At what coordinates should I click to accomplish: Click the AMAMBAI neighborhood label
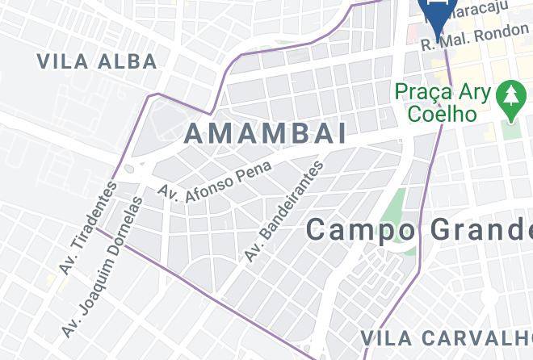click(266, 133)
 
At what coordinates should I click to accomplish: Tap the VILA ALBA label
click(97, 61)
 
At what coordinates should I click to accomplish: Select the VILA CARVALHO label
click(446, 338)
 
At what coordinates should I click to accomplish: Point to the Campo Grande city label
click(419, 230)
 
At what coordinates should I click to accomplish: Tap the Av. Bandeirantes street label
click(283, 211)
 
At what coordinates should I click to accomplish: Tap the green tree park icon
click(510, 96)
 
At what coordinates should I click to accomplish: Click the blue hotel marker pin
click(437, 11)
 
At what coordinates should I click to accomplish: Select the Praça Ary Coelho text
click(443, 103)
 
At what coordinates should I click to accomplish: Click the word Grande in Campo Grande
click(476, 230)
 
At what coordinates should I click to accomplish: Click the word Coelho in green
click(442, 113)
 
